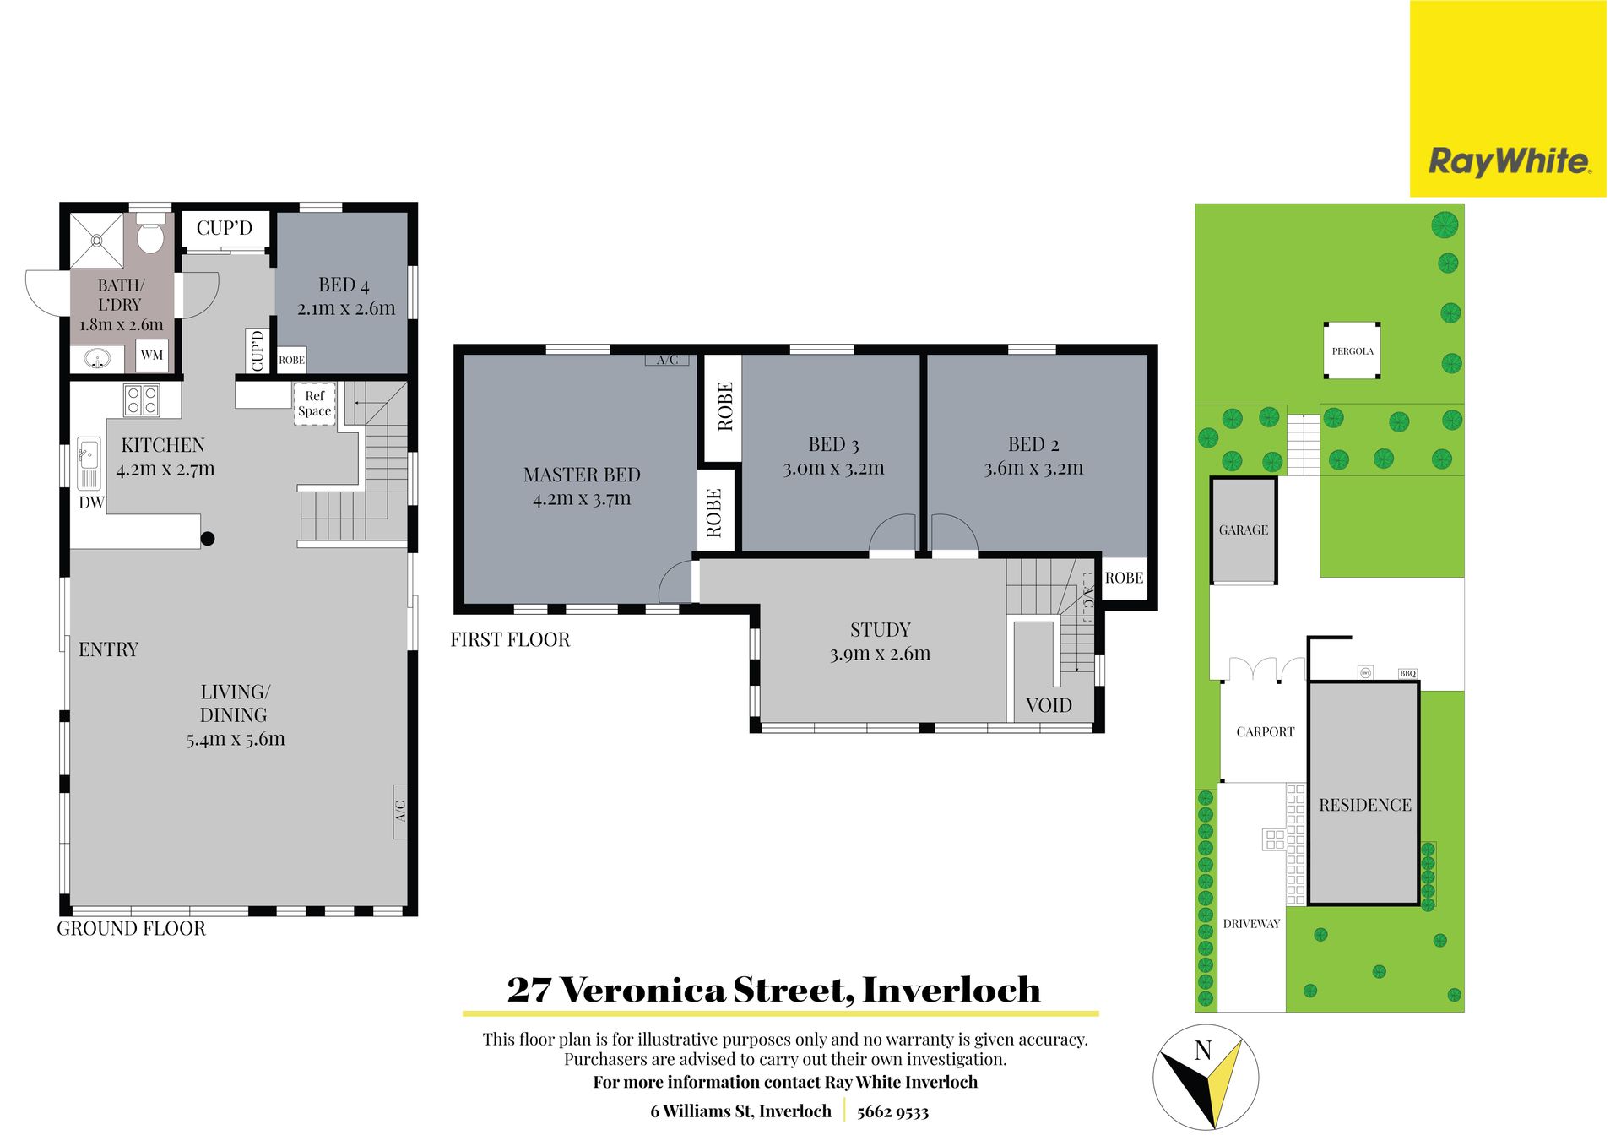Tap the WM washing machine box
pos(152,355)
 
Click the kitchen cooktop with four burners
pos(141,399)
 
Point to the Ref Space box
pos(315,404)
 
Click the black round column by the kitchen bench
pos(208,539)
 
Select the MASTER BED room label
pos(582,475)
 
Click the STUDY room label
pos(881,630)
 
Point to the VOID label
pos(1049,705)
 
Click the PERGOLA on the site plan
pos(1353,350)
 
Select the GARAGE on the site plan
pos(1244,530)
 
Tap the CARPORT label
pos(1265,732)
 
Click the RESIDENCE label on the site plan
pos(1365,806)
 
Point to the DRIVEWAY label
pos(1251,924)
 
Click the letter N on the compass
pos(1203,1051)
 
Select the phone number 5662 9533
pos(892,1112)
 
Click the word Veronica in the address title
pos(643,990)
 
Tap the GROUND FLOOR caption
pos(131,929)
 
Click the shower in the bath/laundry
pos(96,241)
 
